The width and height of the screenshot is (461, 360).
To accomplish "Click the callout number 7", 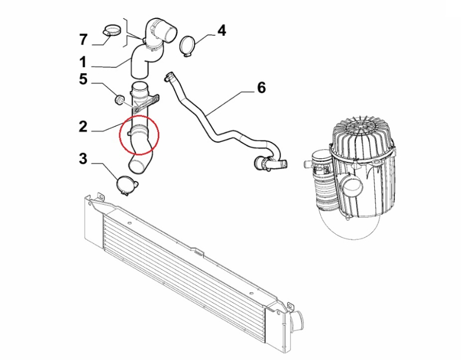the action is point(83,39).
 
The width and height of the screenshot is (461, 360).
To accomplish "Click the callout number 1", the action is point(83,62).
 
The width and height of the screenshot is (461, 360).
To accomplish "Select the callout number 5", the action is point(83,79).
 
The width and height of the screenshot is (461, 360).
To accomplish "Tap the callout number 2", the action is point(83,126).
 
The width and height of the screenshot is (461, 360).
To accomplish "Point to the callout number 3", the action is point(83,158).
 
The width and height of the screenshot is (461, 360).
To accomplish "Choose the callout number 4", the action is point(222,31).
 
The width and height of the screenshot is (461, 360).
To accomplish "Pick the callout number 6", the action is point(261,88).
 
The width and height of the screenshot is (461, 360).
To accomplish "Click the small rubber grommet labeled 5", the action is point(119,99).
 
